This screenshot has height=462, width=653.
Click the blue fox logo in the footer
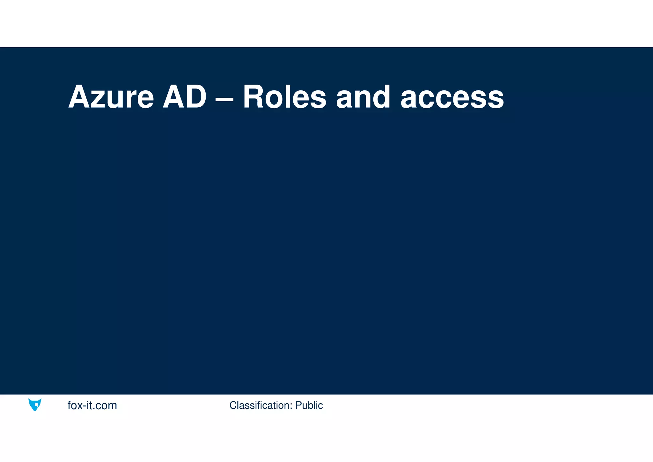pyautogui.click(x=35, y=405)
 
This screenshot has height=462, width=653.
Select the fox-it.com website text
pyautogui.click(x=92, y=405)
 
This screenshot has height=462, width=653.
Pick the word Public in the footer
pyautogui.click(x=309, y=405)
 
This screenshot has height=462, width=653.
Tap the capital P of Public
pyautogui.click(x=298, y=405)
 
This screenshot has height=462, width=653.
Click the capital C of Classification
pyautogui.click(x=233, y=405)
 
